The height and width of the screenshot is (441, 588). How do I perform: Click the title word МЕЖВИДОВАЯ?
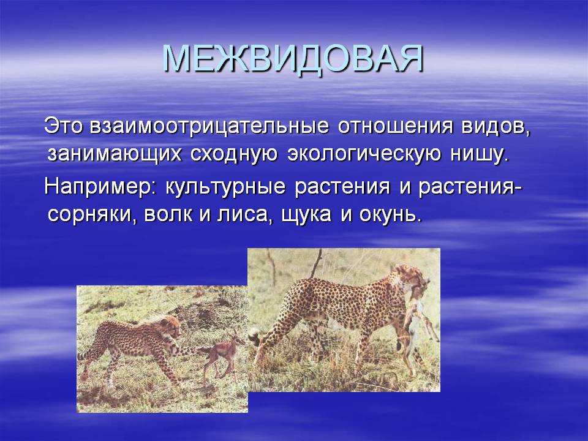(293, 59)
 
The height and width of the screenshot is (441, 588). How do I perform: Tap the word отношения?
(395, 127)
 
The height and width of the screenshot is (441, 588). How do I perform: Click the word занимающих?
(115, 155)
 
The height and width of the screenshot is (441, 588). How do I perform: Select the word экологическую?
(364, 155)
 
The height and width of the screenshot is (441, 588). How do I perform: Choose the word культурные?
(225, 187)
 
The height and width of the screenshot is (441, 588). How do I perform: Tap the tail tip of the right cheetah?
(255, 334)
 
